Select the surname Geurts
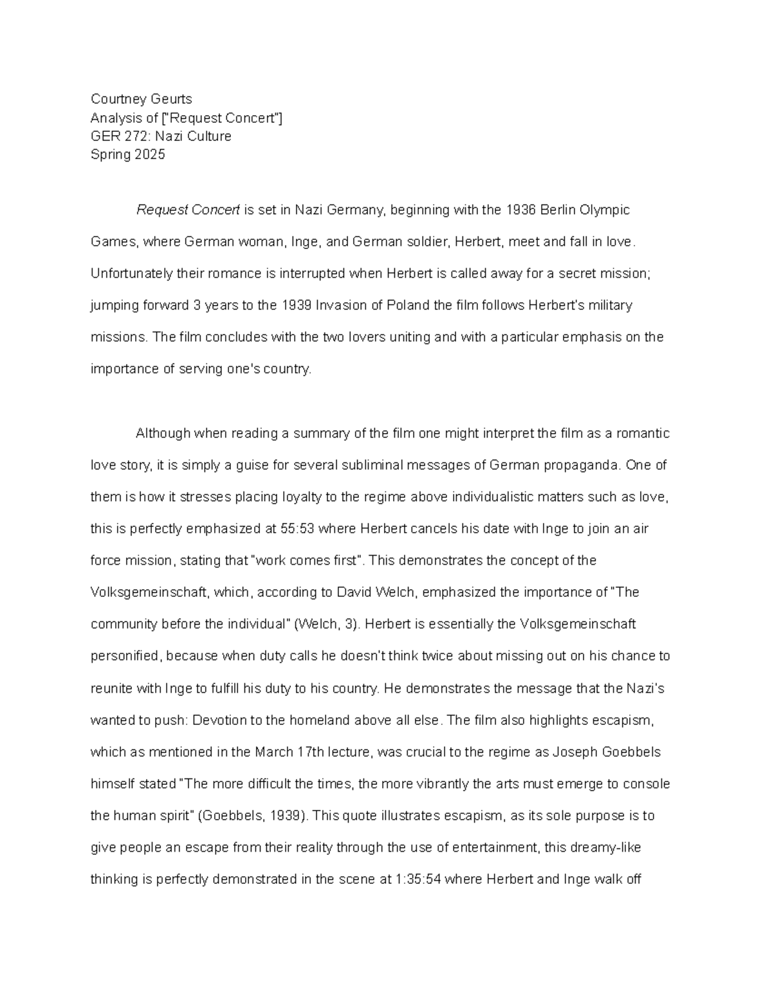(170, 99)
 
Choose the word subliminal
(389, 465)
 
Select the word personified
(124, 656)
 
